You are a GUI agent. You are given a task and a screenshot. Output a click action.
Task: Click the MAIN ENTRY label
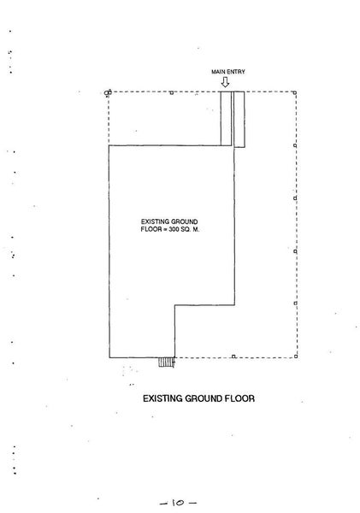(227, 72)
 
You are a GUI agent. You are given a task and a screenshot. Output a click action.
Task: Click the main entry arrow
(225, 82)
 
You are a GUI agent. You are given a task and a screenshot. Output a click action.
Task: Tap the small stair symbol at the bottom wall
(166, 362)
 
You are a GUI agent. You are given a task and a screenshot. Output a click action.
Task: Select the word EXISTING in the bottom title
(162, 398)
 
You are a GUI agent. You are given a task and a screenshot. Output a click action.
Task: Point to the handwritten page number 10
(178, 503)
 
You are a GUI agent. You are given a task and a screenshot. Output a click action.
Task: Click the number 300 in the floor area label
(174, 229)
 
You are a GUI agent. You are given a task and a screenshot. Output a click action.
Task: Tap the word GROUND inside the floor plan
(185, 221)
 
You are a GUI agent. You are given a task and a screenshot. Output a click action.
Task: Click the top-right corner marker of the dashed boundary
(295, 93)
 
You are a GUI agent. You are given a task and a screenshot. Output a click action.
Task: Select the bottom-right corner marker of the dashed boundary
(296, 357)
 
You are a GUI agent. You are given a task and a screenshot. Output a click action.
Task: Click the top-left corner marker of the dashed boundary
(108, 92)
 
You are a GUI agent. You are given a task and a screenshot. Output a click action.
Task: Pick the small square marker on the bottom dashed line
(233, 357)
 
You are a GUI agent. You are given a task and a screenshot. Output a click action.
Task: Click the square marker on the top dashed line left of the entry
(172, 93)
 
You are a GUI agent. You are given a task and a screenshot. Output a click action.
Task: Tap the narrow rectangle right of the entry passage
(239, 120)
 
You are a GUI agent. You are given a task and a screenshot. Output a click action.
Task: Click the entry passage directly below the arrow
(226, 119)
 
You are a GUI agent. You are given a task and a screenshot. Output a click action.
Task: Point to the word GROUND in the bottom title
(204, 398)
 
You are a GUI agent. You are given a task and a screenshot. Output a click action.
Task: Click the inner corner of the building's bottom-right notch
(174, 305)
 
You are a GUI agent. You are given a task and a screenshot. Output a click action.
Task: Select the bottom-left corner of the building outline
(109, 357)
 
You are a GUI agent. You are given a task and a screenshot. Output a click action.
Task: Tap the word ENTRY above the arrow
(236, 72)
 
